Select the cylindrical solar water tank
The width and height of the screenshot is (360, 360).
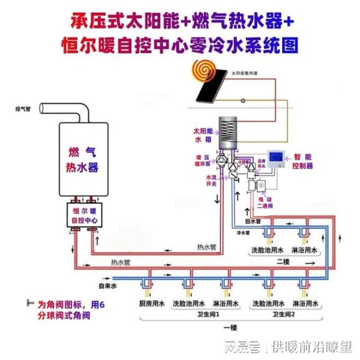pyautogui.click(x=228, y=132)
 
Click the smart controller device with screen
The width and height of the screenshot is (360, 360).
pyautogui.click(x=277, y=158)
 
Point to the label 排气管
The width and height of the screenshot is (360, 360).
pyautogui.click(x=23, y=109)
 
